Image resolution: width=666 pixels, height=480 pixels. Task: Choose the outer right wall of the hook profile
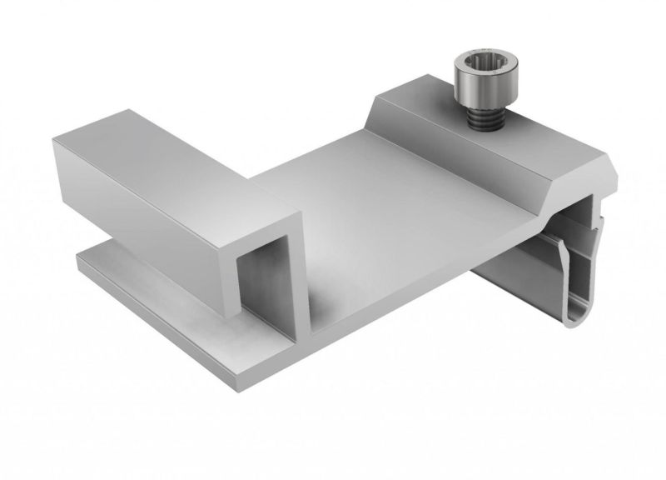(606, 250)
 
